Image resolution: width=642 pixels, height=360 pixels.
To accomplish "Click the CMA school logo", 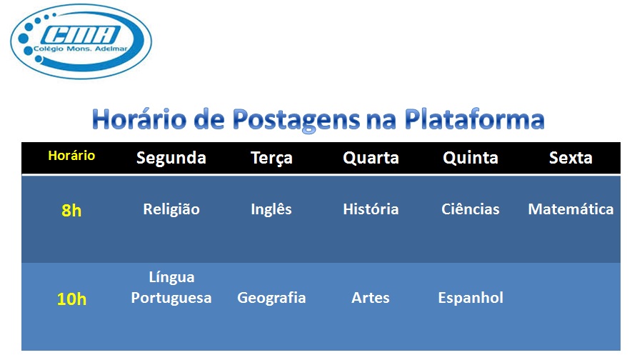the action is pyautogui.click(x=81, y=41).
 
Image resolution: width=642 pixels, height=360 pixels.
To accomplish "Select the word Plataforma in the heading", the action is pyautogui.click(x=474, y=119).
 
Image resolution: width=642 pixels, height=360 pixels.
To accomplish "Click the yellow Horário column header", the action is pyautogui.click(x=71, y=156).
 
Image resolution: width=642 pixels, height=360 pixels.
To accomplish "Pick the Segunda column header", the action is pyautogui.click(x=171, y=159).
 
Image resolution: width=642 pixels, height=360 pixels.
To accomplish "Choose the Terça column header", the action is pyautogui.click(x=271, y=159).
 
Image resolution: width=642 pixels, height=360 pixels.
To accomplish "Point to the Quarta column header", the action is pyautogui.click(x=371, y=158).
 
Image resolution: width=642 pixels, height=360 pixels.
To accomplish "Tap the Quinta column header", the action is pyautogui.click(x=471, y=158).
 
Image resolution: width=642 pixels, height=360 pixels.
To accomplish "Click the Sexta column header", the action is pyautogui.click(x=571, y=158).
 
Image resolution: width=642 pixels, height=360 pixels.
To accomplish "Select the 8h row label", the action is pyautogui.click(x=71, y=211).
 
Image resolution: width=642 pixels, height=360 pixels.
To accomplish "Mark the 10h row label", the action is pyautogui.click(x=71, y=299).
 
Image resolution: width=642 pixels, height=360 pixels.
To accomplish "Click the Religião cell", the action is pyautogui.click(x=171, y=210).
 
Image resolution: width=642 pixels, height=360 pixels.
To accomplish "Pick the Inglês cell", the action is pyautogui.click(x=271, y=209).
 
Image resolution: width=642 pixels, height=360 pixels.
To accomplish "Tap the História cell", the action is pyautogui.click(x=371, y=209).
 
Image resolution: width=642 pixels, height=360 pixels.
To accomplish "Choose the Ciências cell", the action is pyautogui.click(x=471, y=209).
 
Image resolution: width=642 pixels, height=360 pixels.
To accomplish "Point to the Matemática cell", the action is pyautogui.click(x=571, y=209).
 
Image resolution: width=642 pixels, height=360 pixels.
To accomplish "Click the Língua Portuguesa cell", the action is pyautogui.click(x=171, y=288).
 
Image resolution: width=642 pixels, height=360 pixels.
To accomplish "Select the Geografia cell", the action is pyautogui.click(x=271, y=298).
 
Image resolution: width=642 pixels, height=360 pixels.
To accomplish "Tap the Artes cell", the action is pyautogui.click(x=371, y=298).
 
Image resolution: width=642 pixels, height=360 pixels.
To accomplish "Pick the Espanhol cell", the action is pyautogui.click(x=471, y=298).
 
